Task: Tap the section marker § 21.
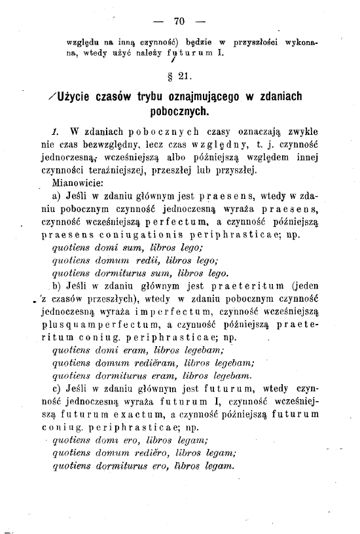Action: pyautogui.click(x=179, y=80)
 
